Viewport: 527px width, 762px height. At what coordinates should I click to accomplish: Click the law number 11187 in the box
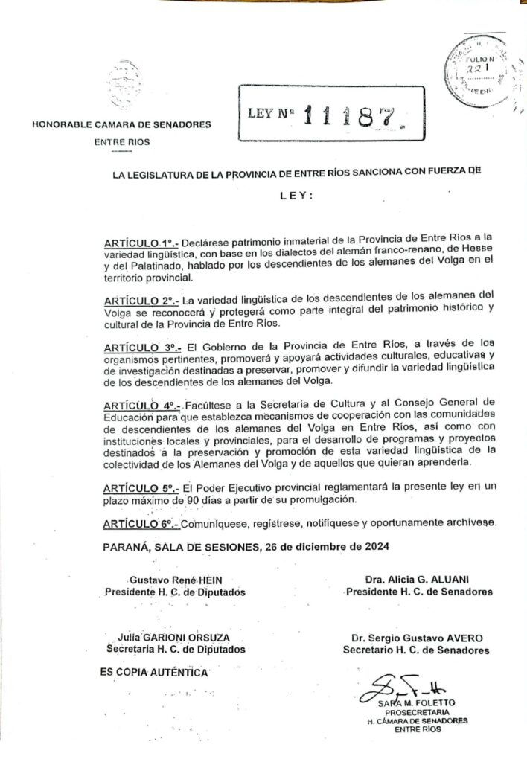point(354,113)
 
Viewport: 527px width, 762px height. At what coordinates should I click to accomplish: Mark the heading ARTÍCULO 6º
point(139,523)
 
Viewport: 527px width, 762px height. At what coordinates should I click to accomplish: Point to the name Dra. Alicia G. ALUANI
point(417,580)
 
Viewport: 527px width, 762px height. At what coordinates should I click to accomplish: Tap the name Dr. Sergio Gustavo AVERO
point(417,638)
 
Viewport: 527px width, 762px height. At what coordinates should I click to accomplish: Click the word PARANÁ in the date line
point(124,548)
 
